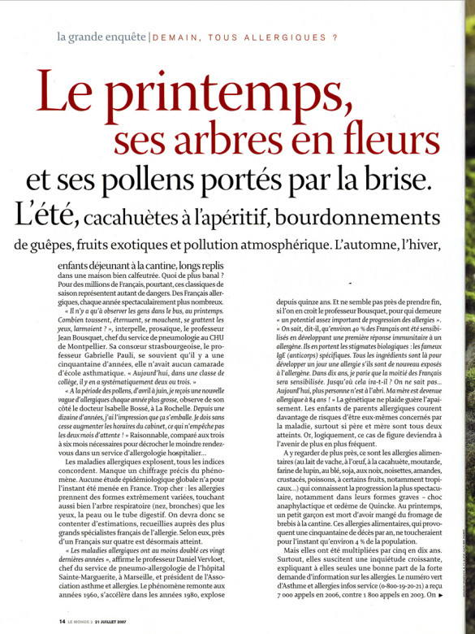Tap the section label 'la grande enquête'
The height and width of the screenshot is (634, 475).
coord(101,37)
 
